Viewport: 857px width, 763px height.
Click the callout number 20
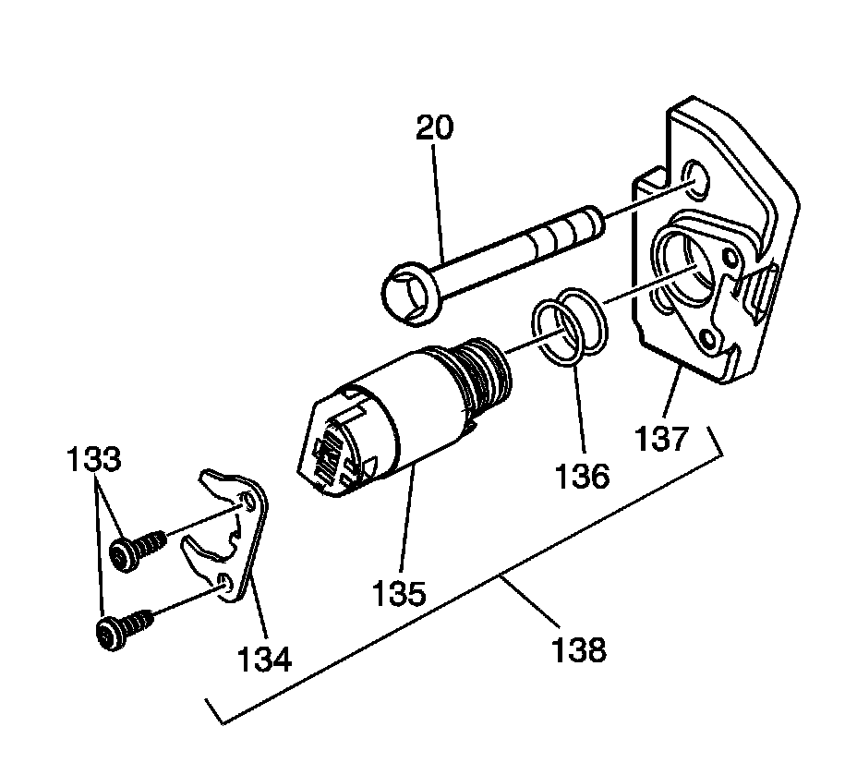tap(434, 127)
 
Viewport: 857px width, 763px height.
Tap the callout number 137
tap(662, 436)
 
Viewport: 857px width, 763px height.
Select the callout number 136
tap(584, 478)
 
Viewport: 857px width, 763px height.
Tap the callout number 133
tap(94, 459)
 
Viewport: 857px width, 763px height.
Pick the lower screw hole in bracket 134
tap(227, 583)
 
